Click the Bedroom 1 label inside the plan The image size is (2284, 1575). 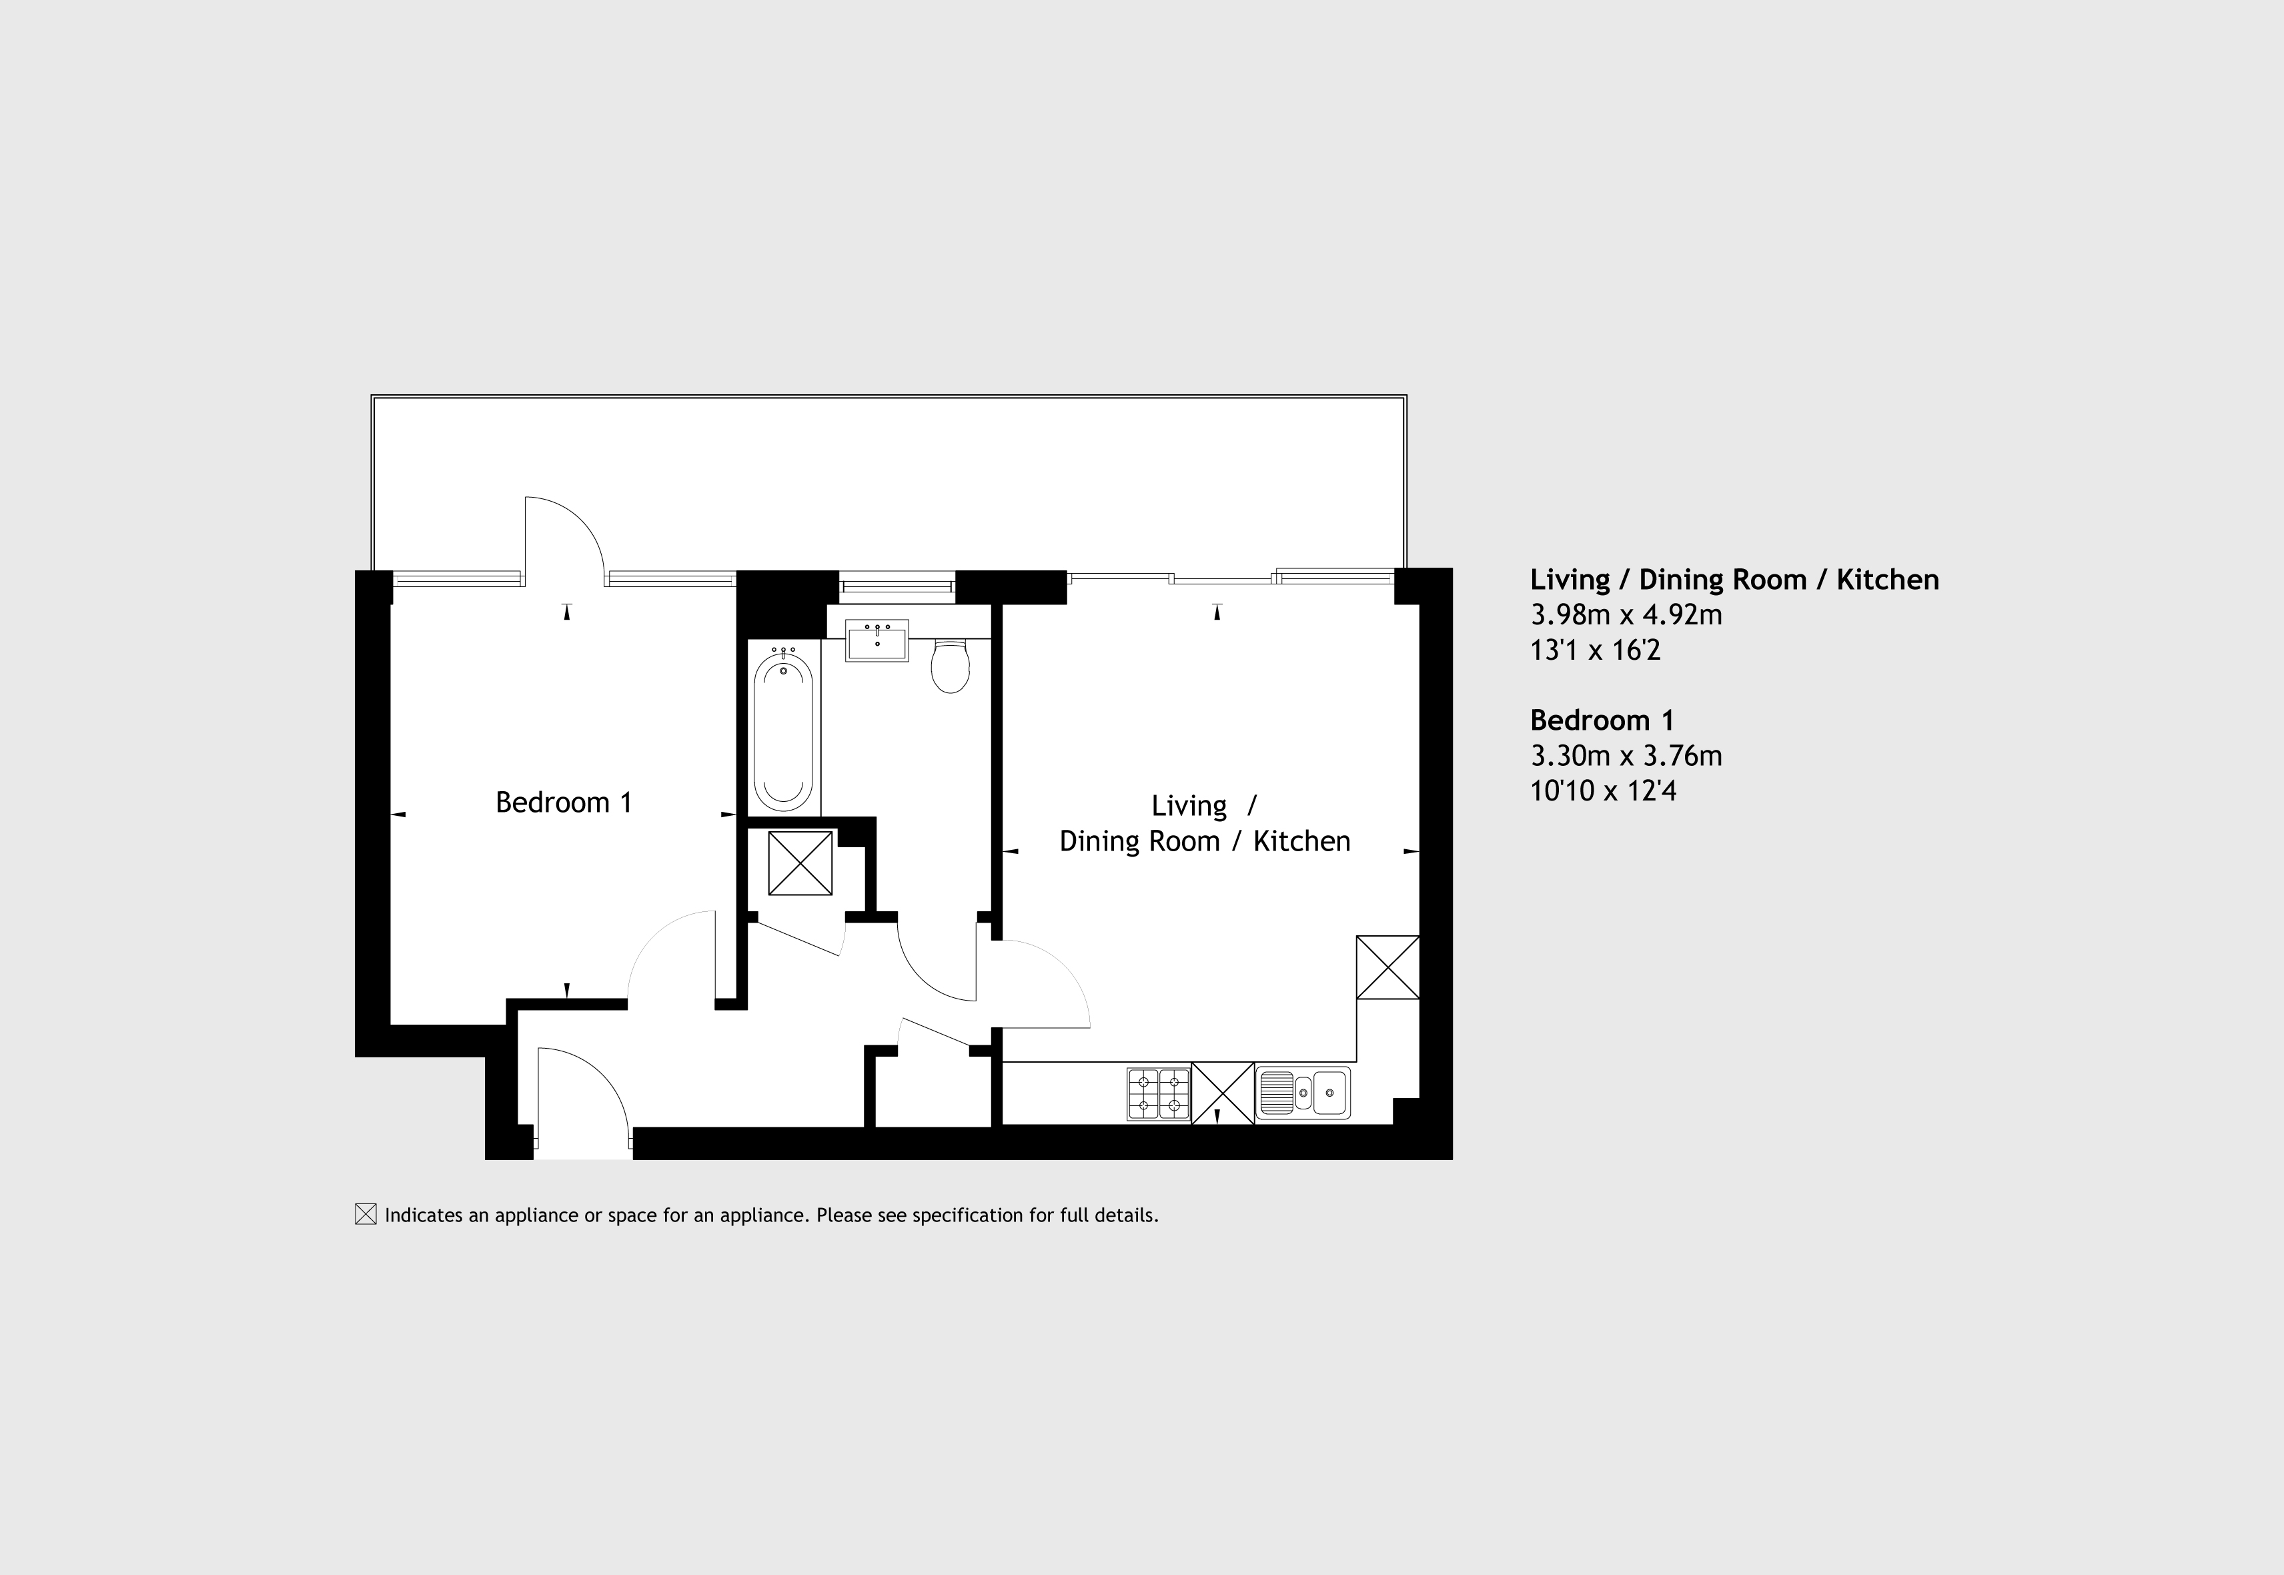[x=564, y=803]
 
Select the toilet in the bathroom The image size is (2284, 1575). [x=950, y=665]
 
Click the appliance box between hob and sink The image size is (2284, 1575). [x=1223, y=1093]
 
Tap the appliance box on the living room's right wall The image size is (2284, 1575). [x=1388, y=967]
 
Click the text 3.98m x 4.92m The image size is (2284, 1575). [x=1626, y=615]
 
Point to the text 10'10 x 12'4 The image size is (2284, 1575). [x=1603, y=791]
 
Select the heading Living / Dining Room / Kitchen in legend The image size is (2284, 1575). [x=1734, y=579]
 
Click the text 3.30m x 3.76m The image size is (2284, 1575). [x=1626, y=756]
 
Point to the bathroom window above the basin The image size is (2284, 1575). [x=897, y=587]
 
